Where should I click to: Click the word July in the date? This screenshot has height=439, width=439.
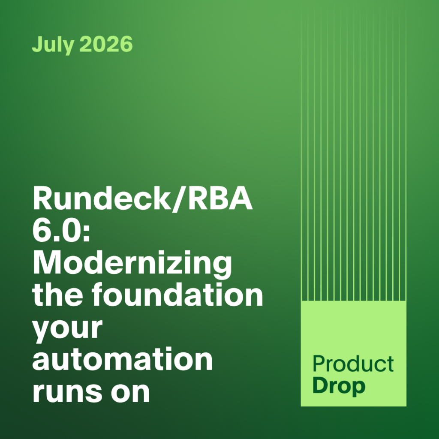pos(53,45)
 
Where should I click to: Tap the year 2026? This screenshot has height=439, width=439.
pos(106,44)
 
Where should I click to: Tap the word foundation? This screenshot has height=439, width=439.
pos(177,294)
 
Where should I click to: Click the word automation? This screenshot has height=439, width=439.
pos(123,358)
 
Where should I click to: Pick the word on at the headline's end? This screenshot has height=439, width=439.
pos(130,392)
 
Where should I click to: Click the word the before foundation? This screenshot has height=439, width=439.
pos(58,294)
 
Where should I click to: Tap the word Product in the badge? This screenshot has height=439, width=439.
pos(353,364)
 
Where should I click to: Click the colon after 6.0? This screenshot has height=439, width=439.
pos(86,234)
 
